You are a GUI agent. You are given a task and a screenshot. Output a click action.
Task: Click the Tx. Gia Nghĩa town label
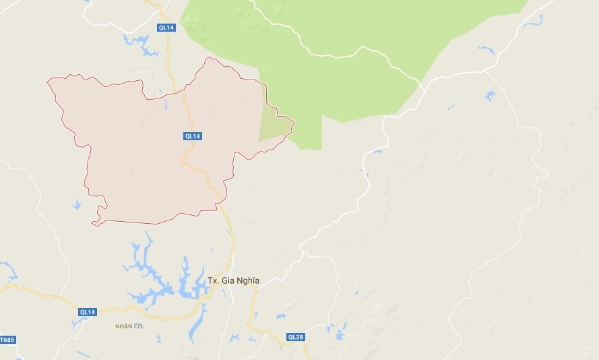click(233, 280)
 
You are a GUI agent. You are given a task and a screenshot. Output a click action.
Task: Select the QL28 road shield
click(295, 337)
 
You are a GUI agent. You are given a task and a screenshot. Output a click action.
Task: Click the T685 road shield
click(7, 339)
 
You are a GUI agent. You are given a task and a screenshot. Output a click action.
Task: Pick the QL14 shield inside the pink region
click(193, 136)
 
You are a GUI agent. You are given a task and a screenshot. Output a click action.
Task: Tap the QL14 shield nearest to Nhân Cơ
click(88, 311)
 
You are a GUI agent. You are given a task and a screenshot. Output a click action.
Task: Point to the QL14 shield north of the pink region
click(166, 28)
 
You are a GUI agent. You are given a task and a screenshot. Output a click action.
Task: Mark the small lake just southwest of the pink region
click(76, 204)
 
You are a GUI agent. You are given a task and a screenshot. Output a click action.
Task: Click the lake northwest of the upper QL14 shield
click(141, 43)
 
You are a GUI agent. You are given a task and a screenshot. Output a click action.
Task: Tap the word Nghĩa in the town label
click(246, 280)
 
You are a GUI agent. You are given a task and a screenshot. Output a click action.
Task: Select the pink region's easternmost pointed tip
click(294, 123)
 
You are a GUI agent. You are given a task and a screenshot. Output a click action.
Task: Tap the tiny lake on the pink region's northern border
click(164, 104)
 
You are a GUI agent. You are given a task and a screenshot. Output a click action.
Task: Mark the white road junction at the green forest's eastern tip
click(420, 85)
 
